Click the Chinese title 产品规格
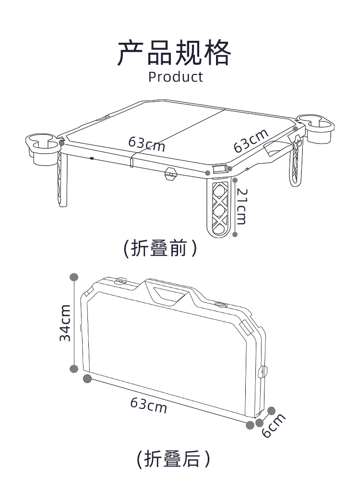[174, 53]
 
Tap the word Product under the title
[175, 77]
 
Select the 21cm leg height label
[241, 206]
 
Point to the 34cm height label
[65, 323]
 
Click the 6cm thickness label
[274, 425]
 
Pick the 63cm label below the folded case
[149, 405]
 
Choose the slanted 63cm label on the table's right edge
[251, 141]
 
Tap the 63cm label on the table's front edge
[146, 144]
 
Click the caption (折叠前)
[160, 248]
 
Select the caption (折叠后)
[173, 458]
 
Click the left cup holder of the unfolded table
[43, 149]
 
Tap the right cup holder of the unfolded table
[316, 128]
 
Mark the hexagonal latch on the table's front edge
[171, 174]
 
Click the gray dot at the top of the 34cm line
[74, 277]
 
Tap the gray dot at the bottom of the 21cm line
[235, 235]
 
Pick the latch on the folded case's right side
[263, 371]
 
